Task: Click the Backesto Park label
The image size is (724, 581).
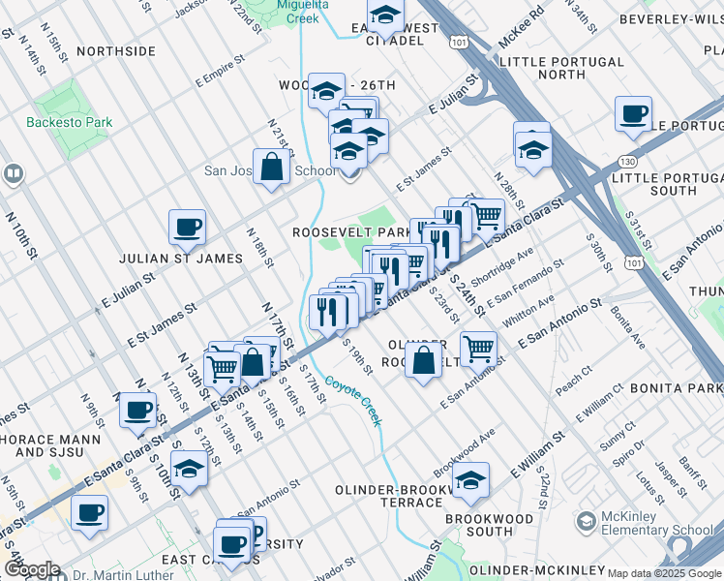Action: pos(70,122)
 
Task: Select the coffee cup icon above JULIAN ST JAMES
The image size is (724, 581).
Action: pos(187,228)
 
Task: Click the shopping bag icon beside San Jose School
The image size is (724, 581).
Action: pos(272,167)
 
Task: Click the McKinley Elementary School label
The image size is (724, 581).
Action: pos(657,523)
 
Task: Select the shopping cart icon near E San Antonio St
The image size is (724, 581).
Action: pos(478,348)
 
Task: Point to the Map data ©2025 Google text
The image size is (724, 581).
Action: pos(664,573)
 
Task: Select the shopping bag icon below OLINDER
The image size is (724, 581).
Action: pos(423,362)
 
